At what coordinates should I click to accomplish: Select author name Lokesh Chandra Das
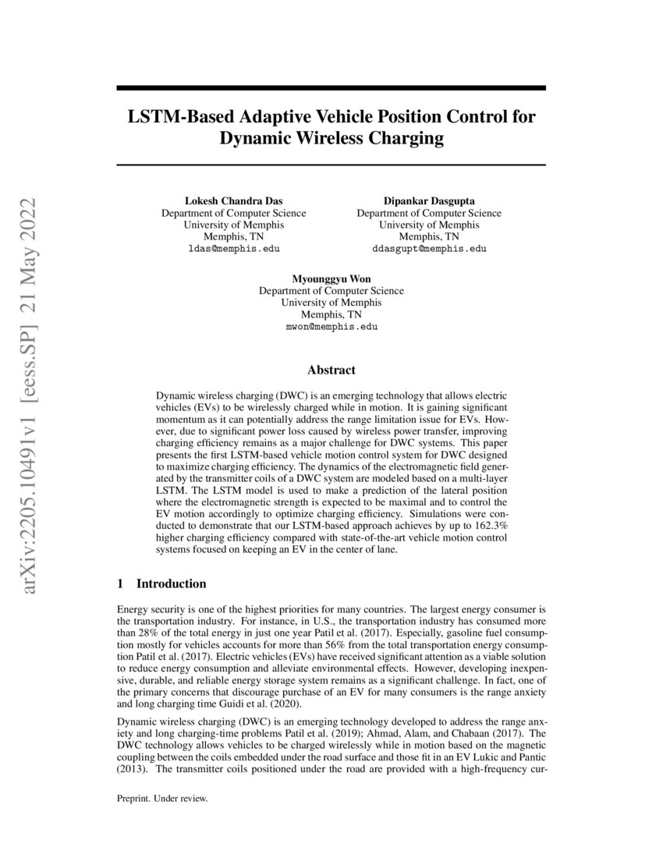coord(233,201)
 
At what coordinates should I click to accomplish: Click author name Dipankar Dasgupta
coord(429,201)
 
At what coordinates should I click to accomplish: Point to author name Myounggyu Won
coord(331,278)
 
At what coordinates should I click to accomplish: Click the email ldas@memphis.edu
coord(233,249)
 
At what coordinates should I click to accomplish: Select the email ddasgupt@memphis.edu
coord(429,249)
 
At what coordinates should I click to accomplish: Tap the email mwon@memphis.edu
coord(331,327)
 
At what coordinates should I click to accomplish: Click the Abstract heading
coord(331,370)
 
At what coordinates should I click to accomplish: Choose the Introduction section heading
coord(172,583)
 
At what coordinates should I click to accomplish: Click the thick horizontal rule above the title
coord(331,89)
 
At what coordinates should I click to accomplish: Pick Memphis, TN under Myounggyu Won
coord(331,314)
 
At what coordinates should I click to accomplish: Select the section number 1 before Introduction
coord(120,583)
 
